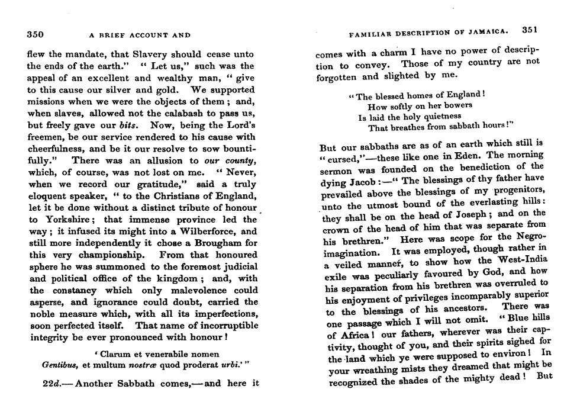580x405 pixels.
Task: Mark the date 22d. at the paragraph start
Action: [x=55, y=383]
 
